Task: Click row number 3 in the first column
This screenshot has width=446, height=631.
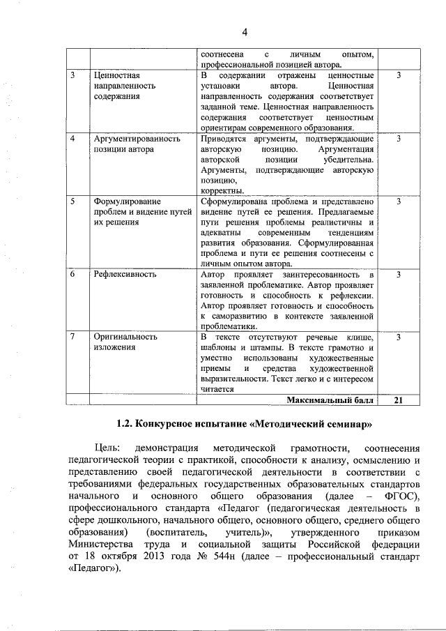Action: click(72, 75)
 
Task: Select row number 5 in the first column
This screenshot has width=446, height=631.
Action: click(72, 201)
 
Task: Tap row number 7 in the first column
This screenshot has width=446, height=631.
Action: click(72, 337)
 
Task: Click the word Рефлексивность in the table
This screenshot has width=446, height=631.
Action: click(125, 274)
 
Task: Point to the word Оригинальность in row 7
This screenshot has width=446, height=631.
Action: click(125, 337)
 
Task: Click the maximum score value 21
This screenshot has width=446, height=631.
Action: click(399, 400)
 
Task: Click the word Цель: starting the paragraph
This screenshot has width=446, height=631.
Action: click(109, 446)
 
